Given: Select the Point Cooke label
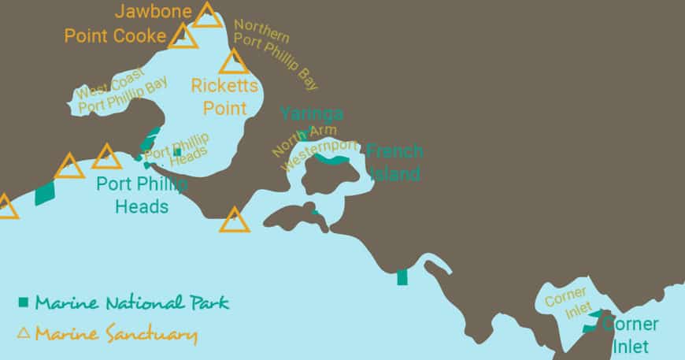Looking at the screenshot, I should coord(115,36).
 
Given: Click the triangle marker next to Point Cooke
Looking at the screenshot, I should coord(183,36).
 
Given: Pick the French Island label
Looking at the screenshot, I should coord(394,162).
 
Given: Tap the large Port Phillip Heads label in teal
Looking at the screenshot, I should coord(142,195).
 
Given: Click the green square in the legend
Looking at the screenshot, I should coord(24,302).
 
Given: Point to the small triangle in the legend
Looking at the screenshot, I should coord(24,333).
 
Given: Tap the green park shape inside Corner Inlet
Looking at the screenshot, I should coord(591,323).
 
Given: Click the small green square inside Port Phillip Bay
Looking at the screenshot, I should coord(177,151).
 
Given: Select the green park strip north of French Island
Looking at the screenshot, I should coord(332,160).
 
